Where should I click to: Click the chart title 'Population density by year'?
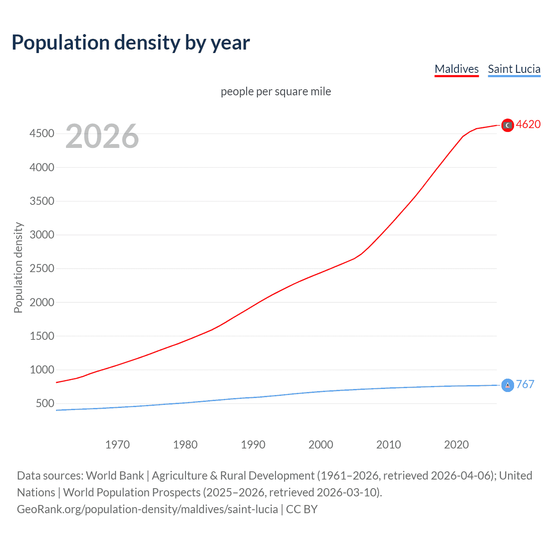click(x=131, y=43)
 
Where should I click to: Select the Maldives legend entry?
click(x=456, y=69)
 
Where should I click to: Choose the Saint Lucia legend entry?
click(x=514, y=69)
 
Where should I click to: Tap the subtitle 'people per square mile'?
click(x=276, y=91)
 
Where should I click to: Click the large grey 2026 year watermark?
click(x=102, y=136)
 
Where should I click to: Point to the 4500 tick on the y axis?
click(x=42, y=134)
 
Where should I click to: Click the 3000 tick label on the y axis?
click(x=42, y=235)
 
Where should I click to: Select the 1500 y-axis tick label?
click(x=42, y=336)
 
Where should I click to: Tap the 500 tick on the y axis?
click(x=45, y=404)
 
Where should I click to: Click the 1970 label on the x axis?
click(x=117, y=445)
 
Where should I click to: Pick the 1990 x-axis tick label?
click(x=253, y=445)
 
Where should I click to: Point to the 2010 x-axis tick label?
click(x=389, y=445)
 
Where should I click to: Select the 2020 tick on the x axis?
click(x=456, y=445)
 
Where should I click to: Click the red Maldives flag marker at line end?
click(x=508, y=125)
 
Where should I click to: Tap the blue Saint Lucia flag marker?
click(x=508, y=385)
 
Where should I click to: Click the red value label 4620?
click(x=528, y=124)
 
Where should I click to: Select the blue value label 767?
click(x=525, y=384)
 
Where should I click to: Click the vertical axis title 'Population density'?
click(x=18, y=267)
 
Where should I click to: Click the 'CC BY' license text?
click(x=302, y=509)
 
